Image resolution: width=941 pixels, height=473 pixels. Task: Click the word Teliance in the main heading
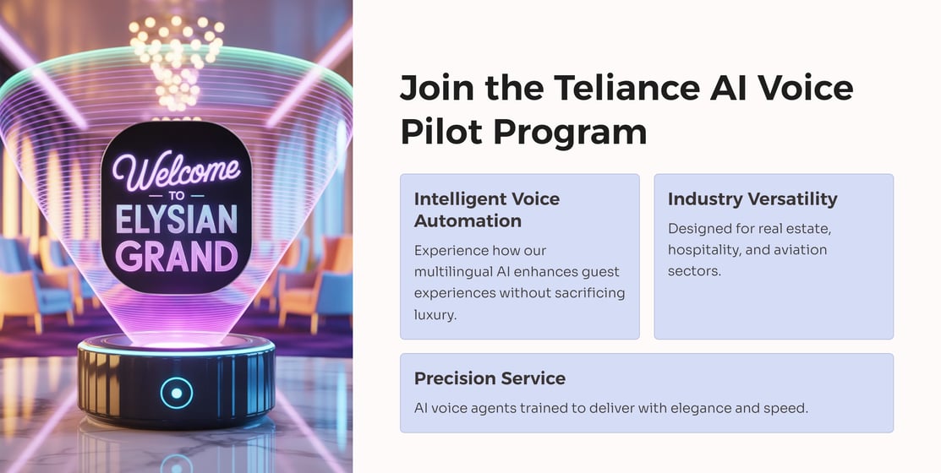627,88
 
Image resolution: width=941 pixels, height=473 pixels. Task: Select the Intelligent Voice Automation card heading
487,209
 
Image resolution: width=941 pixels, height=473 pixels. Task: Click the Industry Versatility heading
752,199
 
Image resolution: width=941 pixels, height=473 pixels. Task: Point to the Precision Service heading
490,378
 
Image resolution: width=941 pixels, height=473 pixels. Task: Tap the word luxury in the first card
435,315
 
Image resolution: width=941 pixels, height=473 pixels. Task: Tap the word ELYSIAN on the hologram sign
177,220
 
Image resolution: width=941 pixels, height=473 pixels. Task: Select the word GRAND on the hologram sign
177,256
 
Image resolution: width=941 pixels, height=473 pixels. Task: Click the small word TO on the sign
177,195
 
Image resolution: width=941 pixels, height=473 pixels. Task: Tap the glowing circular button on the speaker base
177,394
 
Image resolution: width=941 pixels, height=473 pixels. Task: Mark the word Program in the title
570,133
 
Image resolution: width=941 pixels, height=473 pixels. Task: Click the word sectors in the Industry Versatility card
694,271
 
